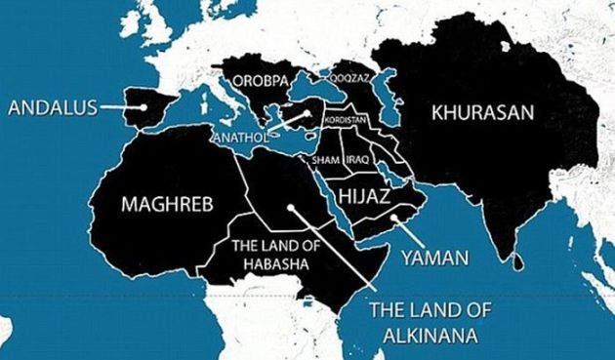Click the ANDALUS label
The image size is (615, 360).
click(x=52, y=107)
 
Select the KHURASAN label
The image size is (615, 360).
click(x=483, y=113)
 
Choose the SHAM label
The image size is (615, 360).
click(x=324, y=159)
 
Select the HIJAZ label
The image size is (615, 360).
click(x=364, y=196)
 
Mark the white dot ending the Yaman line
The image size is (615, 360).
click(x=395, y=219)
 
